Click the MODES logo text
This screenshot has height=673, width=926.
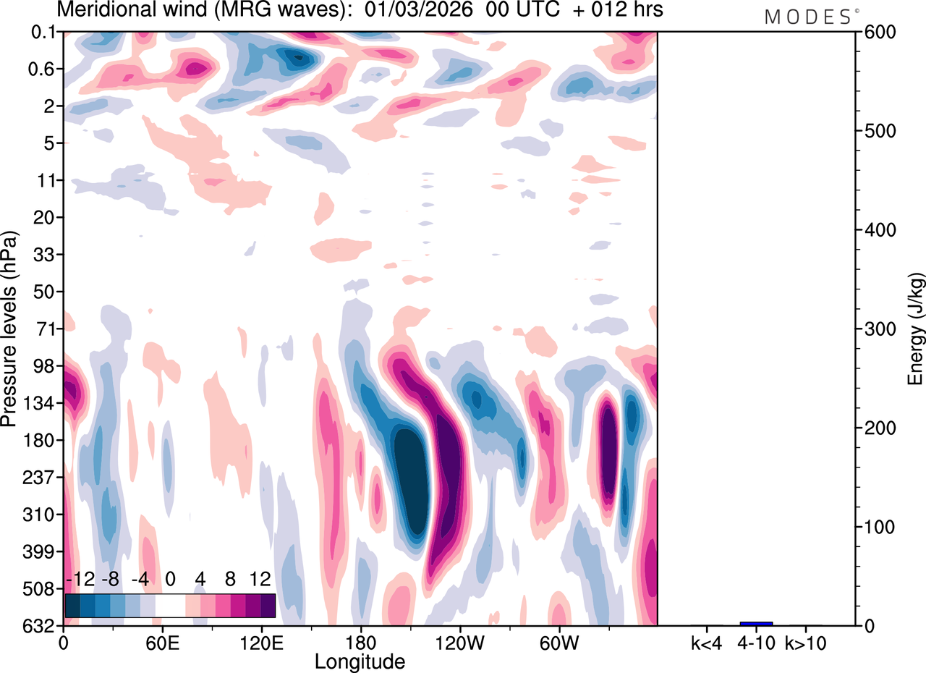click(x=807, y=17)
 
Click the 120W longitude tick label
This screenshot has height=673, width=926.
click(x=459, y=642)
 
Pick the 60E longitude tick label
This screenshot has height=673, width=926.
click(x=162, y=642)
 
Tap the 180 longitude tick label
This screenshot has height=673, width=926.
click(x=360, y=642)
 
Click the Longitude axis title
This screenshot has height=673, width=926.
click(x=360, y=661)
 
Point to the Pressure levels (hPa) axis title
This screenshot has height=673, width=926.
click(x=10, y=329)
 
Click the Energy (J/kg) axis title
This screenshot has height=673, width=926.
click(x=915, y=329)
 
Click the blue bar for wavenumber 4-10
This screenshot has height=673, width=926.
click(x=756, y=624)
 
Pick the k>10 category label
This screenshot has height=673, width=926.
click(x=804, y=642)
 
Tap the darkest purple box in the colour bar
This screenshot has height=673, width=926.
click(x=268, y=605)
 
